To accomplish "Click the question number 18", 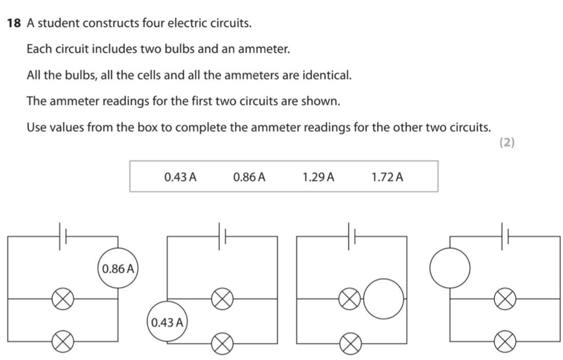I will click(14, 23).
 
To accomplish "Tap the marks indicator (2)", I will click(506, 143).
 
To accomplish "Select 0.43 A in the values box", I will click(180, 177).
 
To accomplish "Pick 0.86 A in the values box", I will click(249, 177).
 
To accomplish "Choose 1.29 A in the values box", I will click(318, 177).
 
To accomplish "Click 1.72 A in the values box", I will click(387, 177).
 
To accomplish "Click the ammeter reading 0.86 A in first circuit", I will click(118, 268).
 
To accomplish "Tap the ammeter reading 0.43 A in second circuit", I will click(168, 322).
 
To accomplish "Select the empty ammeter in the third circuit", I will click(384, 298).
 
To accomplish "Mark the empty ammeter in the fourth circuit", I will click(450, 268).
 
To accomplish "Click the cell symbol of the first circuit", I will click(63, 236).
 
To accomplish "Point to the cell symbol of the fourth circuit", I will click(505, 236).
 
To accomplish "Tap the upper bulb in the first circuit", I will click(63, 298).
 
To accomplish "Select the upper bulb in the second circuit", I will click(223, 298).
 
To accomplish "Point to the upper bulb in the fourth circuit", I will click(505, 298).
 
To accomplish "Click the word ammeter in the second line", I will click(267, 49).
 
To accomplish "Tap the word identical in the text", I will click(327, 75).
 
